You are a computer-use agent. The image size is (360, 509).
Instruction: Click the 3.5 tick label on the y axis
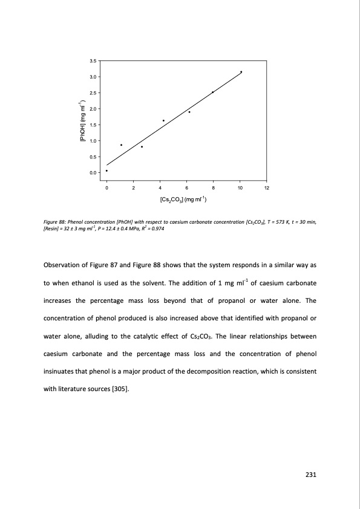pyautogui.click(x=93, y=60)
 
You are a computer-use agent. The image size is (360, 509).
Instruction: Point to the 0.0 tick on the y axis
pyautogui.click(x=93, y=173)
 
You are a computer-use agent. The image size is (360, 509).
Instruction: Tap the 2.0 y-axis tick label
pyautogui.click(x=93, y=109)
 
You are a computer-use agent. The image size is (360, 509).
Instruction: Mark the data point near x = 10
pyautogui.click(x=241, y=72)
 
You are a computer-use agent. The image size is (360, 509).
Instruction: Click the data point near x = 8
pyautogui.click(x=212, y=92)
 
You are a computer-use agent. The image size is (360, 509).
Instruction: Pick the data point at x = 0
pyautogui.click(x=106, y=170)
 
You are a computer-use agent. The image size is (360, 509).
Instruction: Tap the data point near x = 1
pyautogui.click(x=121, y=145)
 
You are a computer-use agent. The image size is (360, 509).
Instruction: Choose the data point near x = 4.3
pyautogui.click(x=163, y=120)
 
